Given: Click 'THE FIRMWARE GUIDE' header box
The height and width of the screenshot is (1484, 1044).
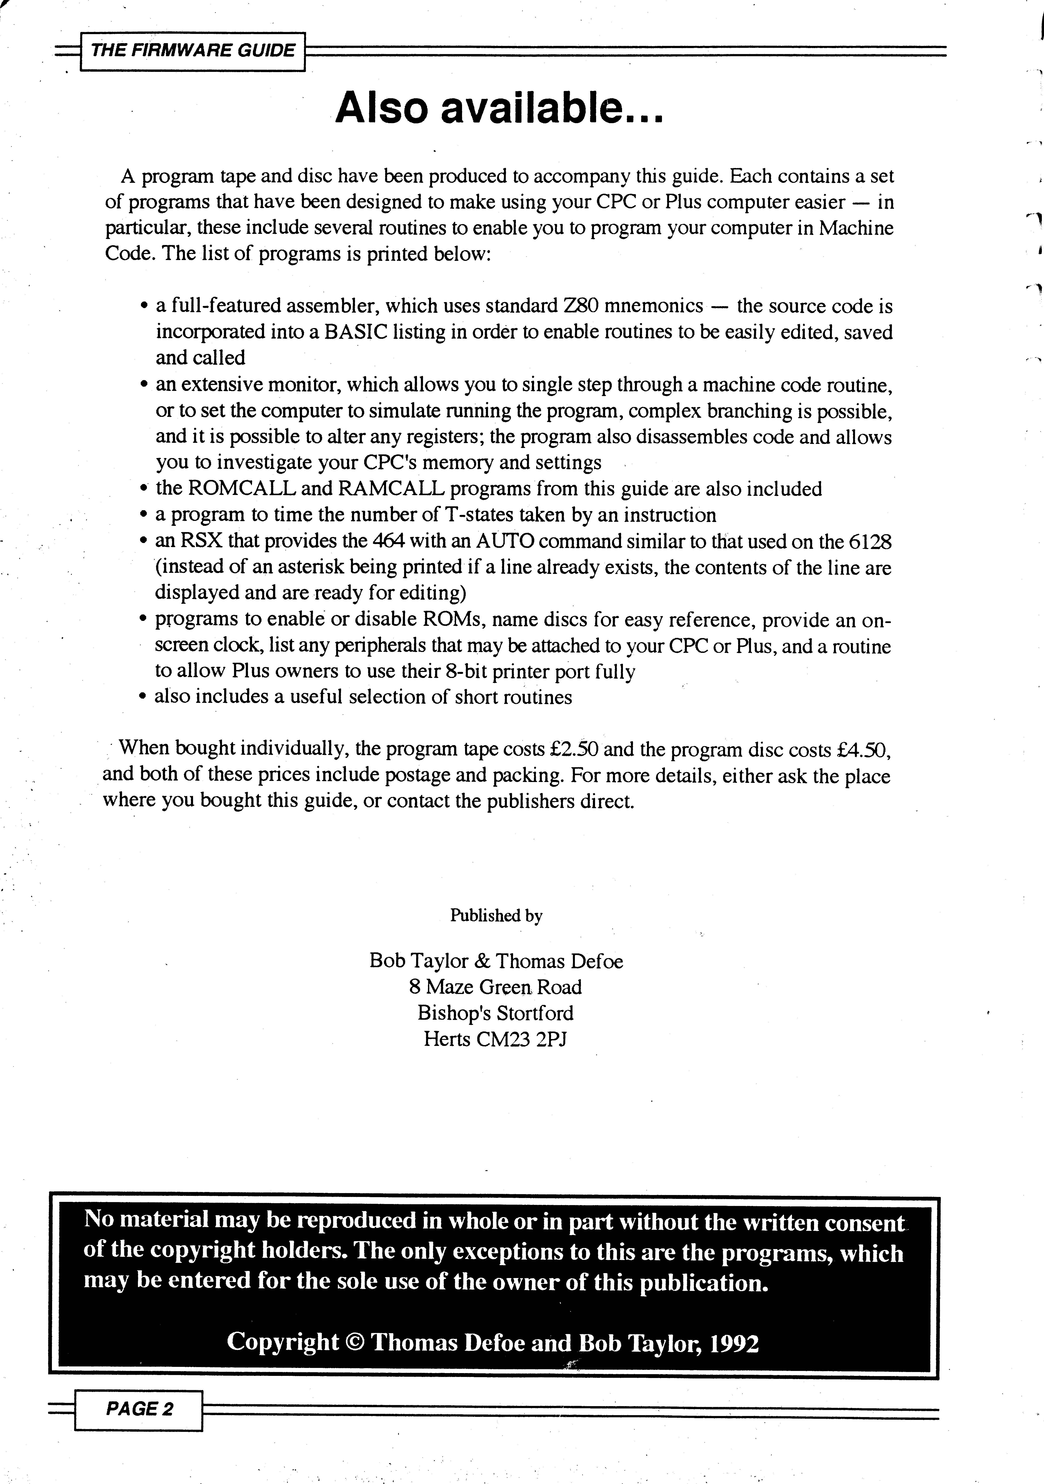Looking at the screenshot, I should (x=193, y=51).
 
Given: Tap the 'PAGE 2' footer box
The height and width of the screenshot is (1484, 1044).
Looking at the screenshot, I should (x=139, y=1408).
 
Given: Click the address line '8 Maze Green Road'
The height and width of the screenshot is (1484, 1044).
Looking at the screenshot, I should (x=496, y=987).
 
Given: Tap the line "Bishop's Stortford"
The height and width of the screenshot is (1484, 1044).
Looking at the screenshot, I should (x=496, y=1013).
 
